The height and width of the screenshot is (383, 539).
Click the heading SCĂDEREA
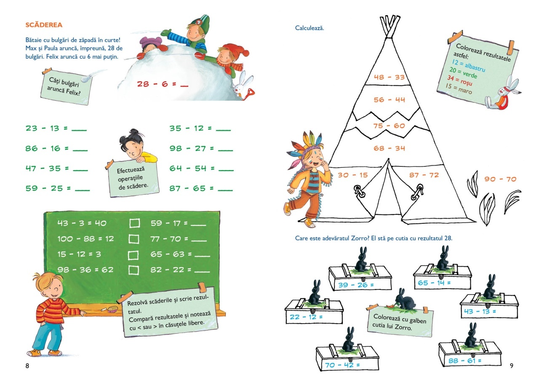[x=44, y=25]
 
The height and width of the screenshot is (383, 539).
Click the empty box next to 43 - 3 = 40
[x=134, y=223]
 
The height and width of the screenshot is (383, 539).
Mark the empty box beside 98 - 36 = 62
[x=134, y=270]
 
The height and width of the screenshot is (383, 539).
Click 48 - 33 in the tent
[x=389, y=77]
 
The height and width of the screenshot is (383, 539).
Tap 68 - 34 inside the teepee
[x=389, y=148]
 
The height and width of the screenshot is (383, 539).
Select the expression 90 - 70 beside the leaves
[x=500, y=179]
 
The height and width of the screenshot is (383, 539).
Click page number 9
[x=511, y=365]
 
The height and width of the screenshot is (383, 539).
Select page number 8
[x=27, y=365]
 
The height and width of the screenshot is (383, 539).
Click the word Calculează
[x=310, y=28]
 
